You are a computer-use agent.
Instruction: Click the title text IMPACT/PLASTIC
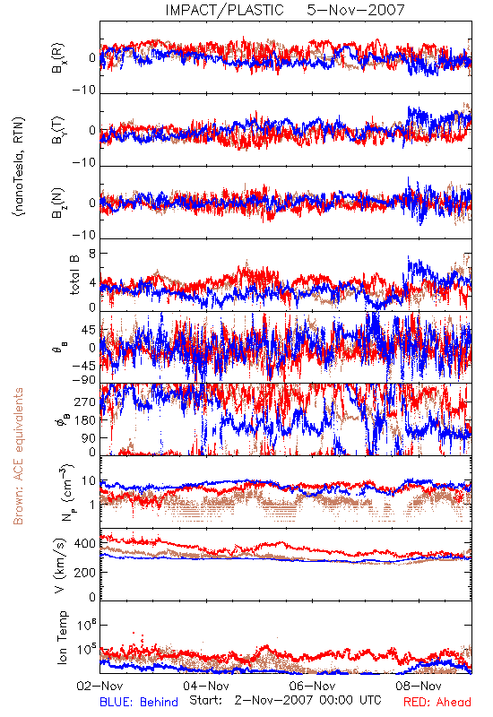[x=224, y=10]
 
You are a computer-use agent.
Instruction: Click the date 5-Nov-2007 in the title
[x=356, y=10]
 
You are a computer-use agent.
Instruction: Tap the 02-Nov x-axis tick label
[x=99, y=686]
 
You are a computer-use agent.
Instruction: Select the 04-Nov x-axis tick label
[x=206, y=686]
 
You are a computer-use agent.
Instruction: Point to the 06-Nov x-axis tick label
[x=312, y=686]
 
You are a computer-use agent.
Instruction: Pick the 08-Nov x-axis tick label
[x=419, y=686]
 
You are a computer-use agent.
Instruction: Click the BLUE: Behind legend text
[x=139, y=702]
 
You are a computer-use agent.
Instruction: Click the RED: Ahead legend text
[x=437, y=702]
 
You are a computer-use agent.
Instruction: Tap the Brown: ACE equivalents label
[x=18, y=456]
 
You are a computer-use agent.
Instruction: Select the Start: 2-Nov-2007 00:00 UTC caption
[x=285, y=700]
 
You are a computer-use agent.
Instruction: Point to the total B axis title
[x=74, y=274]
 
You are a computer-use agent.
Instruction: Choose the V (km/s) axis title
[x=59, y=566]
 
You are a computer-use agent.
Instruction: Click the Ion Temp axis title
[x=62, y=637]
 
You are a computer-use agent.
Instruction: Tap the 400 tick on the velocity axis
[x=85, y=544]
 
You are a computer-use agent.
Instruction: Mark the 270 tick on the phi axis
[x=85, y=402]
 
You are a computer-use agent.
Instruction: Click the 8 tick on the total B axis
[x=92, y=254]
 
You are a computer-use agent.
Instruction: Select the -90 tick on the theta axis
[x=83, y=379]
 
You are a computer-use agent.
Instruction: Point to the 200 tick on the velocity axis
[x=85, y=572]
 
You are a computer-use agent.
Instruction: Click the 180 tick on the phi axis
[x=85, y=419]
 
